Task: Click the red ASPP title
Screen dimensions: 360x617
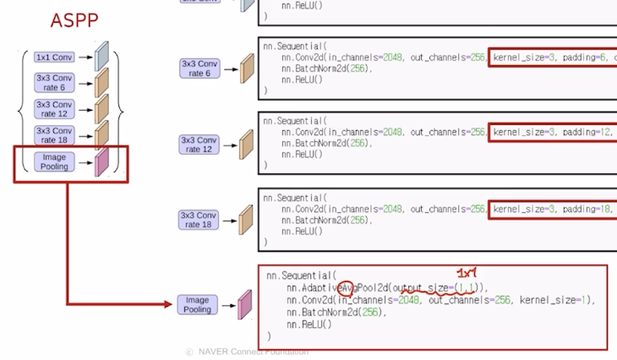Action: pyautogui.click(x=75, y=20)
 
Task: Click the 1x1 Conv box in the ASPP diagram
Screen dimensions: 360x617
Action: pyautogui.click(x=54, y=57)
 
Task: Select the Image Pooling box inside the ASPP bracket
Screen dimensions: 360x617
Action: pyautogui.click(x=54, y=161)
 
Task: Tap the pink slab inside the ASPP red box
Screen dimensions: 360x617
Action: pyautogui.click(x=101, y=161)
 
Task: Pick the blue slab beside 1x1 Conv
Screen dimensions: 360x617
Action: pyautogui.click(x=101, y=57)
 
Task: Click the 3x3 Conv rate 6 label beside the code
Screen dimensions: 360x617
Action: pyautogui.click(x=199, y=68)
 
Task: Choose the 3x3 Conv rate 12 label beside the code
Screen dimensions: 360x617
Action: pyautogui.click(x=199, y=144)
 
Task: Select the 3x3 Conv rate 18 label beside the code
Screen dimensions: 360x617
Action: pyautogui.click(x=199, y=219)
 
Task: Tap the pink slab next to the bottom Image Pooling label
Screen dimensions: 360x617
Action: pyautogui.click(x=245, y=305)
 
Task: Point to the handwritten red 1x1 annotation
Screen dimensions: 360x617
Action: pyautogui.click(x=467, y=273)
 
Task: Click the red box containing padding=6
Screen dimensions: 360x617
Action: pyautogui.click(x=553, y=57)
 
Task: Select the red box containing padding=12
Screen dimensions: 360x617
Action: pyautogui.click(x=553, y=132)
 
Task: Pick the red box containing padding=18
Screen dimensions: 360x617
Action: pyautogui.click(x=553, y=207)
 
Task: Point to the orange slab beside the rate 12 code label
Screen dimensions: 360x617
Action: pyautogui.click(x=247, y=144)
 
